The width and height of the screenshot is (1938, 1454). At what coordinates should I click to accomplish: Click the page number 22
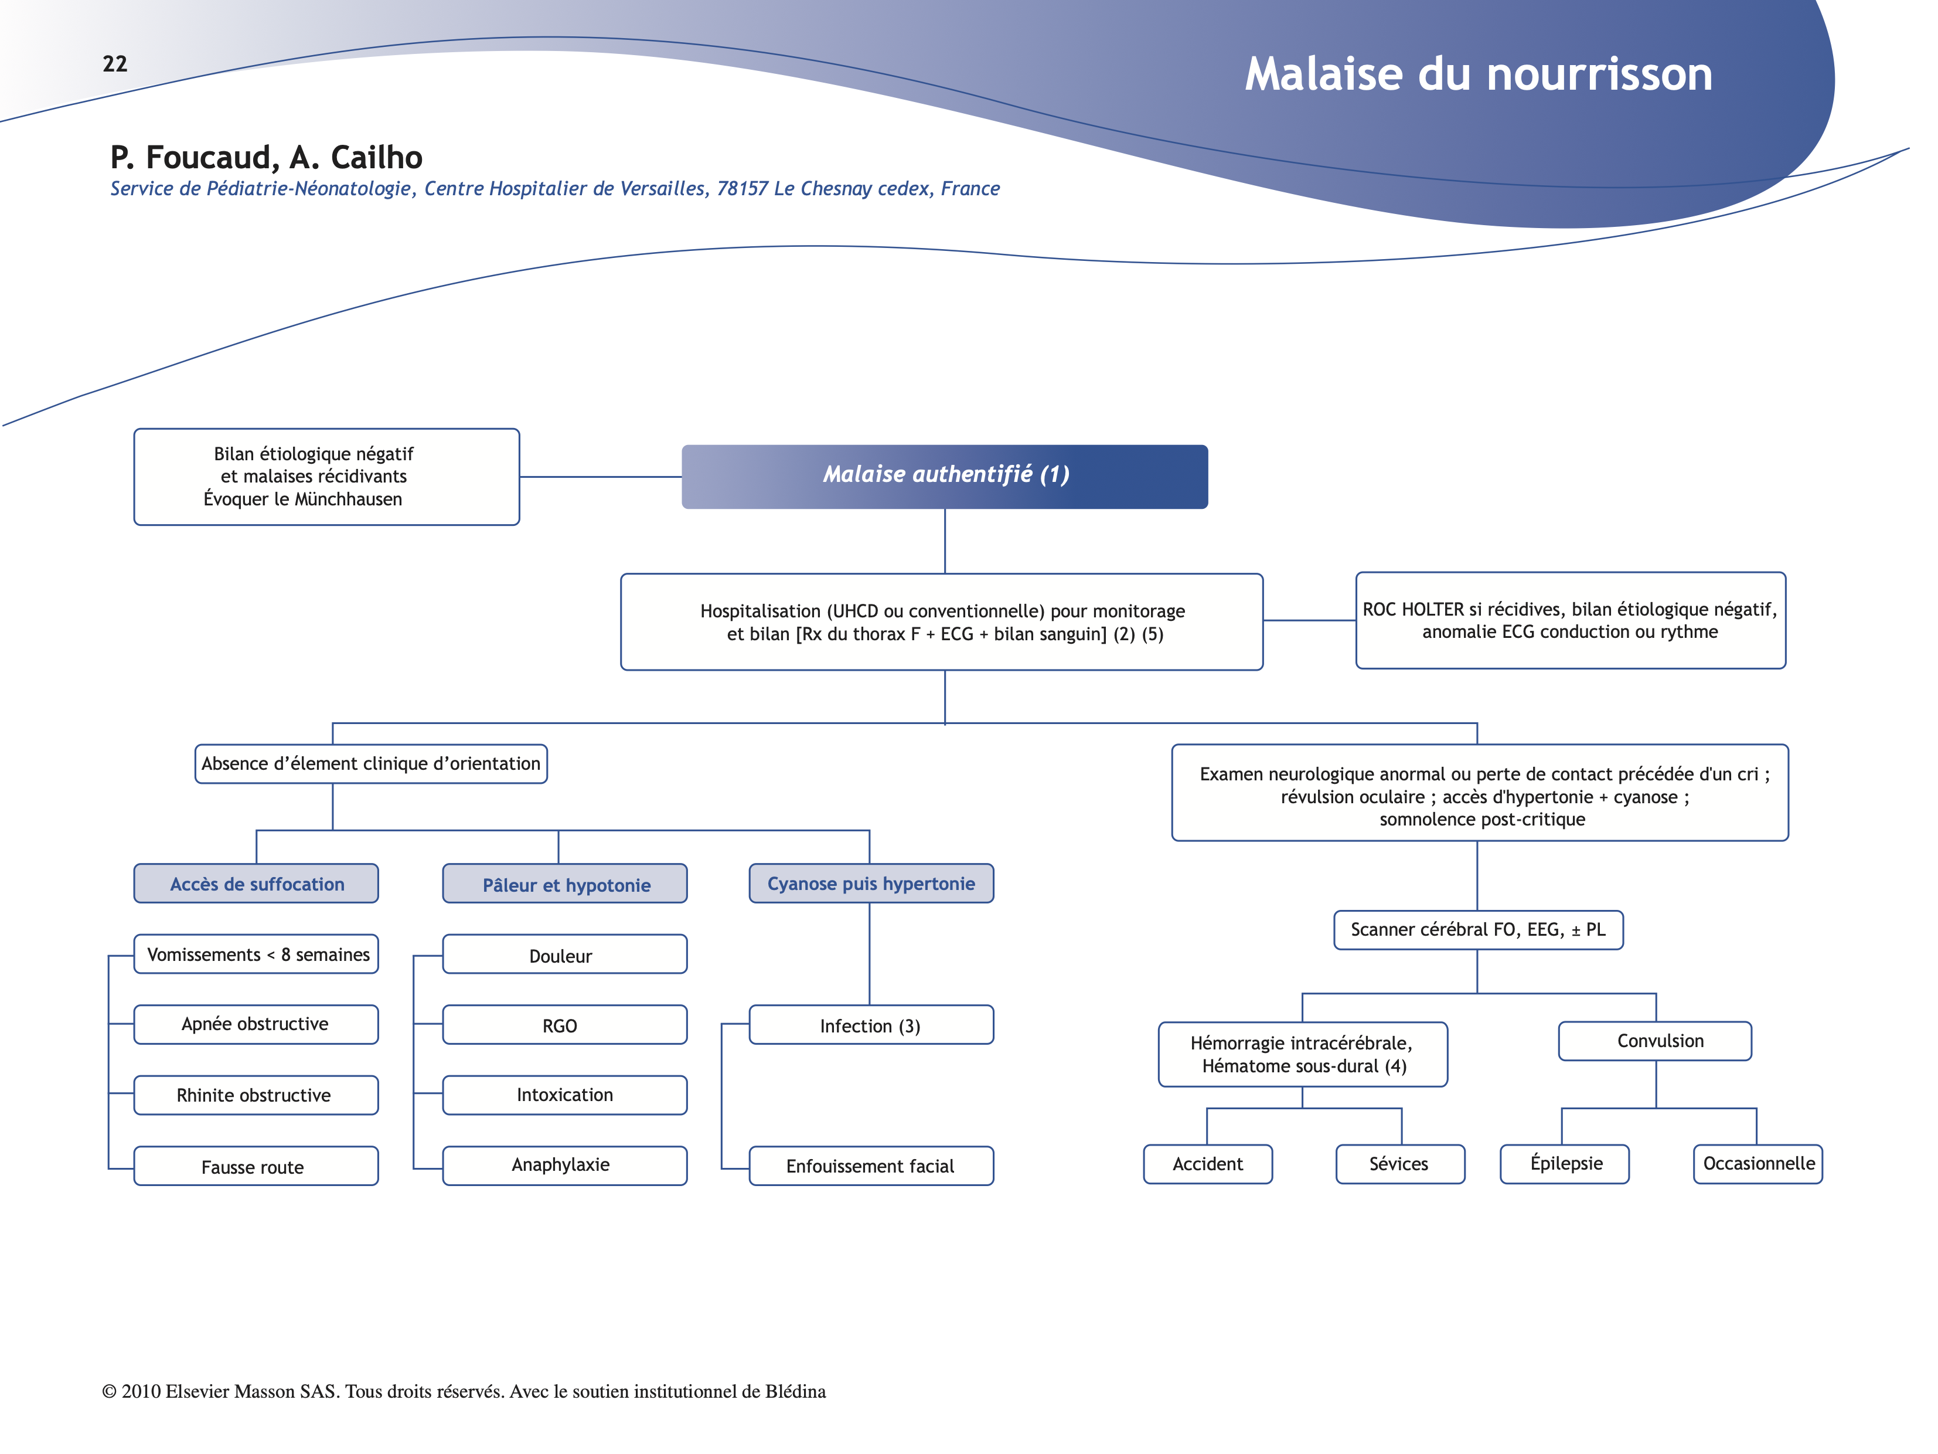pos(115,64)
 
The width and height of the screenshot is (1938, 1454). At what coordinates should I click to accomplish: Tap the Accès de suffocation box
pos(256,884)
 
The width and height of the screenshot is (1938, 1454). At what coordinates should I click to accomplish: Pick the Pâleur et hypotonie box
pos(565,884)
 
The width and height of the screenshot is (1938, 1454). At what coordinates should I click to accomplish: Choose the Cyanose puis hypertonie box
pos(871,884)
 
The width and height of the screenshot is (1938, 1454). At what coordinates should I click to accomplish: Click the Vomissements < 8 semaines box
pos(257,954)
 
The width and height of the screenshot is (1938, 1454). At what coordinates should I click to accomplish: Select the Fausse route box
pos(256,1167)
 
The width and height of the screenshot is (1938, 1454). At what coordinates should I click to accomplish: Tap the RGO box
pos(564,1025)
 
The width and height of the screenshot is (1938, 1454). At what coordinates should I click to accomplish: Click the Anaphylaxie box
pos(564,1166)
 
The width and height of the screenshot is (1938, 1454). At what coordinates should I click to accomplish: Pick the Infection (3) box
pos(871,1025)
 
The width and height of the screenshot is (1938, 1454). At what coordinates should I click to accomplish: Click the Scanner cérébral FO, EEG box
pos(1478,930)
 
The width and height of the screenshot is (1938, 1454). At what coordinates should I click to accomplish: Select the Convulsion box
pos(1655,1041)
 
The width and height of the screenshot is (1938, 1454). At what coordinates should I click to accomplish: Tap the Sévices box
pos(1400,1164)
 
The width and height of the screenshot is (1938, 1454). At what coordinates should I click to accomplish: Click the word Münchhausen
pos(348,500)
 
